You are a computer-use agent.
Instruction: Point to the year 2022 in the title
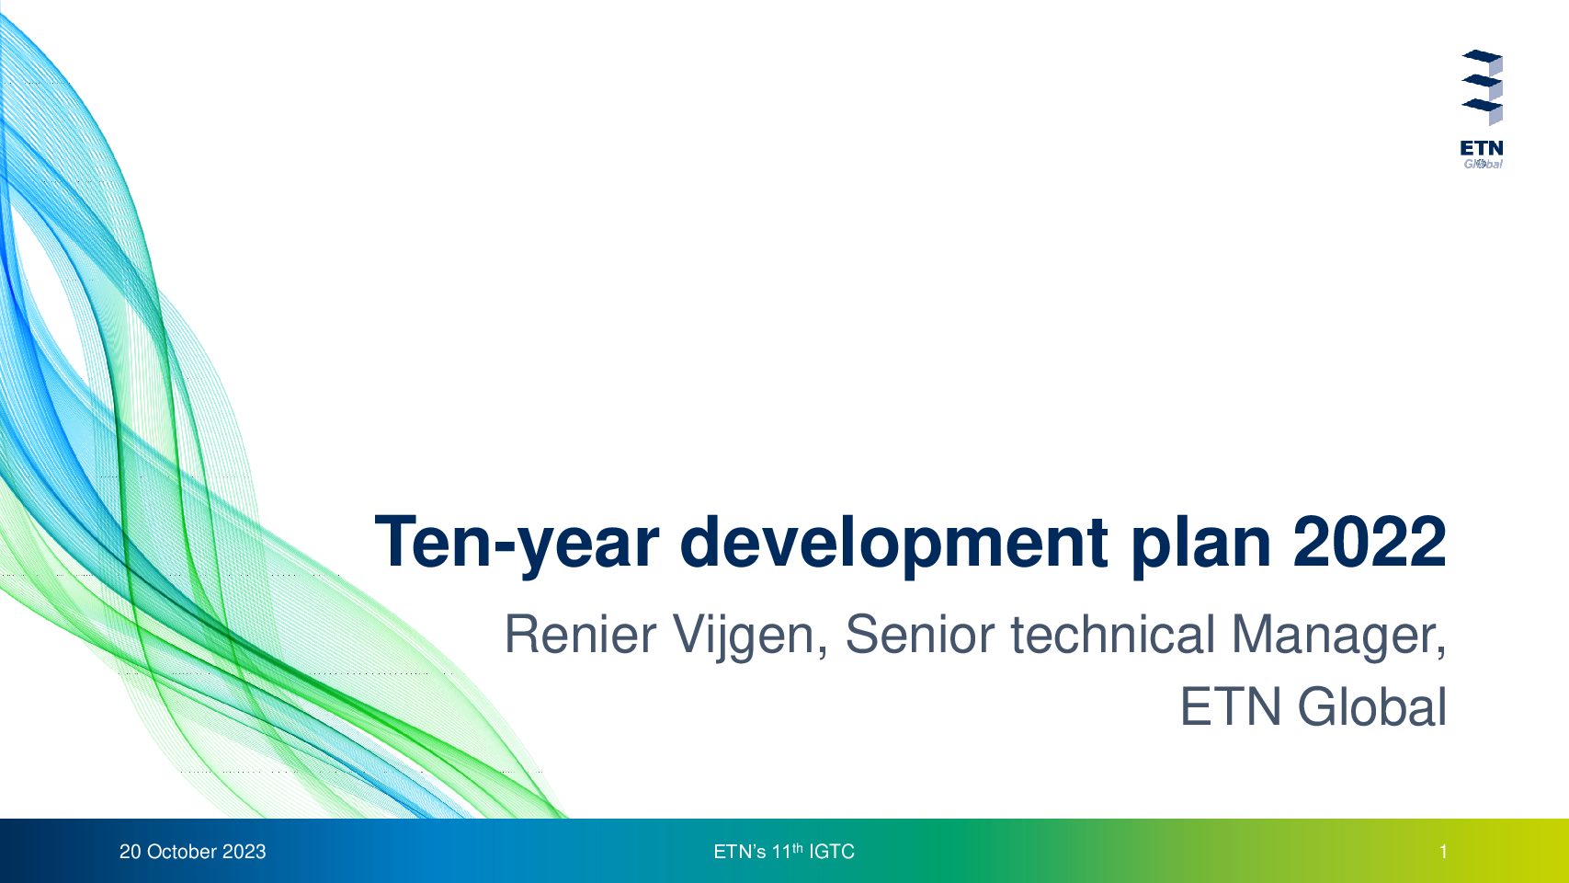click(1370, 542)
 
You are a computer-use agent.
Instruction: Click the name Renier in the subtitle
click(581, 635)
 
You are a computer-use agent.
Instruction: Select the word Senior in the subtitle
click(920, 635)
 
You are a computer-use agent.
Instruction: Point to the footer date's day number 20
click(130, 852)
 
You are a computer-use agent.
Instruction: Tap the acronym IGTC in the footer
click(832, 852)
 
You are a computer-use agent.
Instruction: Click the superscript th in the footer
click(797, 847)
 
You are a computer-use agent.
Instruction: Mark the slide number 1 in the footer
click(1443, 852)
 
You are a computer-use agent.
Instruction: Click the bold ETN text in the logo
click(1482, 149)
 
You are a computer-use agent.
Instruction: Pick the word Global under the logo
click(1483, 164)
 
